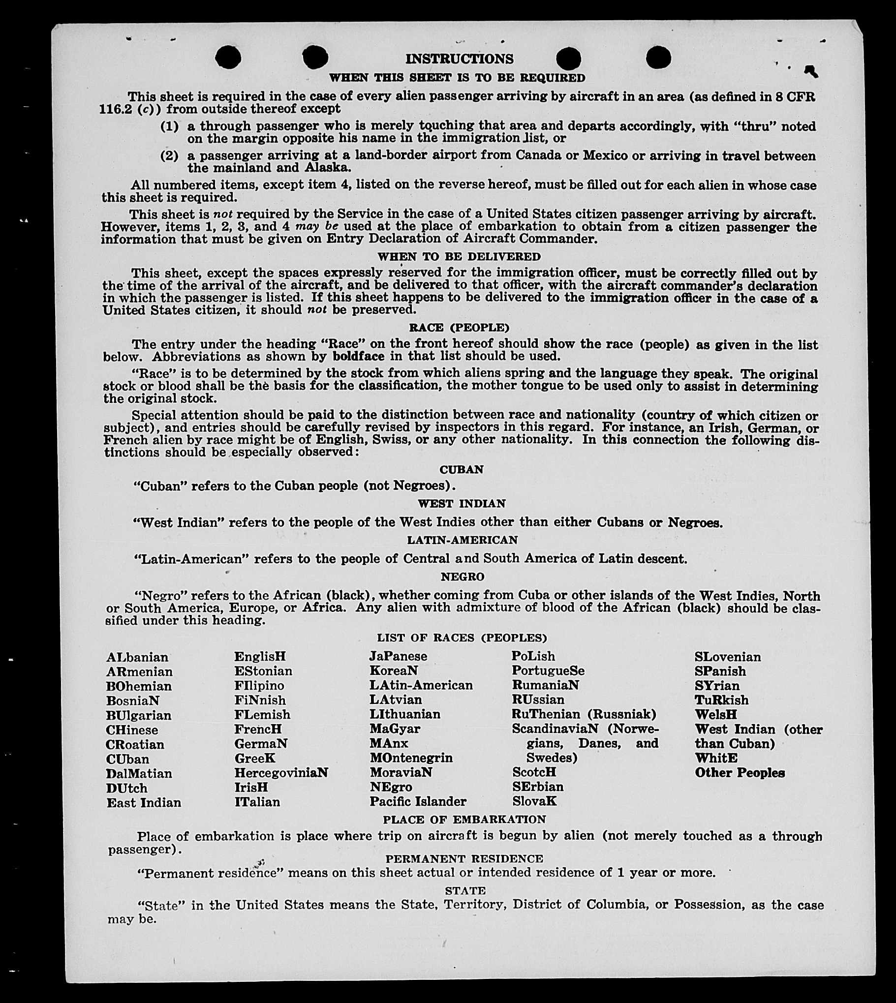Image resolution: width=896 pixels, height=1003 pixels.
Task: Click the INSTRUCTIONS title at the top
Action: point(459,59)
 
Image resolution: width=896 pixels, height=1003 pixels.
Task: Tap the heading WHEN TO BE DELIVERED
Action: point(459,257)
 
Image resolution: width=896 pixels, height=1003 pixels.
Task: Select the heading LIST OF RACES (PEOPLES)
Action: point(462,638)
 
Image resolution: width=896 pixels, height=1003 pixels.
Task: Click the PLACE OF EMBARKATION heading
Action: point(464,820)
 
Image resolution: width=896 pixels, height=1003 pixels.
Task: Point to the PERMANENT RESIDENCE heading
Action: point(464,859)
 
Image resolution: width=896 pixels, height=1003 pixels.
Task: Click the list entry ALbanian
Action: point(137,658)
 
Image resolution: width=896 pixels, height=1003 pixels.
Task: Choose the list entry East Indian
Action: point(144,803)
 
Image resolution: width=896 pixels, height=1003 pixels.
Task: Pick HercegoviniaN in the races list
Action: point(281,773)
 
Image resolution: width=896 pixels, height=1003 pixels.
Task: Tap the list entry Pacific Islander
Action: point(417,802)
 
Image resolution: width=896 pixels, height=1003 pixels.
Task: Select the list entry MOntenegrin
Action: point(411,758)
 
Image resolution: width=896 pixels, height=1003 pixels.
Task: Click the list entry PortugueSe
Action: point(548,671)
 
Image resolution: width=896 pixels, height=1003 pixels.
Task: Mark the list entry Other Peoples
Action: point(740,773)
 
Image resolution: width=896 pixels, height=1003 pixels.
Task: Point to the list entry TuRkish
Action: point(721,700)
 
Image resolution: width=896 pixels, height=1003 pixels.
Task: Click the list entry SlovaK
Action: point(534,801)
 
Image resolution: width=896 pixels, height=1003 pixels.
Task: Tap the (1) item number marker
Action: point(169,126)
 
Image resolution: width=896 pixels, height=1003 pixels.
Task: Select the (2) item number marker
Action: point(169,156)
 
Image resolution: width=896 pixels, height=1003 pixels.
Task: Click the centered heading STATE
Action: point(465,891)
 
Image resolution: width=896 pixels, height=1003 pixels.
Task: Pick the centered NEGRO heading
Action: point(463,577)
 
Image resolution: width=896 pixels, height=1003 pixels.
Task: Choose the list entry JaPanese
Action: point(398,657)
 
